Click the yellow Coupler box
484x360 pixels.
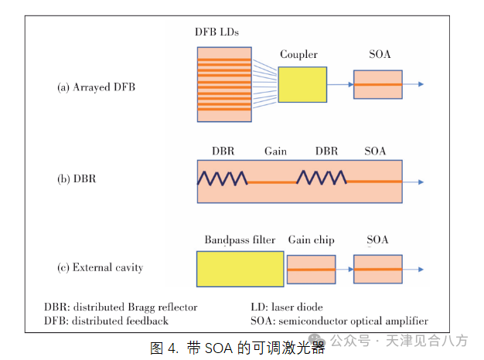pyautogui.click(x=302, y=86)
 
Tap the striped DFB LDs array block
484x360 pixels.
pyautogui.click(x=224, y=85)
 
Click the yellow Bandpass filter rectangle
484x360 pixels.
pyautogui.click(x=240, y=269)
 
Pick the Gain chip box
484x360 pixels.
pyautogui.click(x=311, y=270)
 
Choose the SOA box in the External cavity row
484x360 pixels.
pyautogui.click(x=377, y=269)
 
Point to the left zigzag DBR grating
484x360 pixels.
pyautogui.click(x=222, y=178)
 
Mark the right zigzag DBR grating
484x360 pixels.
pyautogui.click(x=322, y=178)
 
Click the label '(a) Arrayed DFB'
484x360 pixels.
pyautogui.click(x=96, y=87)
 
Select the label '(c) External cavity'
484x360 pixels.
pyautogui.click(x=100, y=268)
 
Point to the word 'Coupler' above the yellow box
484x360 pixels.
pyautogui.click(x=298, y=55)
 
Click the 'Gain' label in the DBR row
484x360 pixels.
pyautogui.click(x=275, y=151)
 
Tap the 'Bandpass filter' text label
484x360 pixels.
pyautogui.click(x=240, y=240)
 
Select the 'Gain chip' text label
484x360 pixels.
pyautogui.click(x=311, y=240)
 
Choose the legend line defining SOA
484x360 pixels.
pyautogui.click(x=339, y=321)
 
